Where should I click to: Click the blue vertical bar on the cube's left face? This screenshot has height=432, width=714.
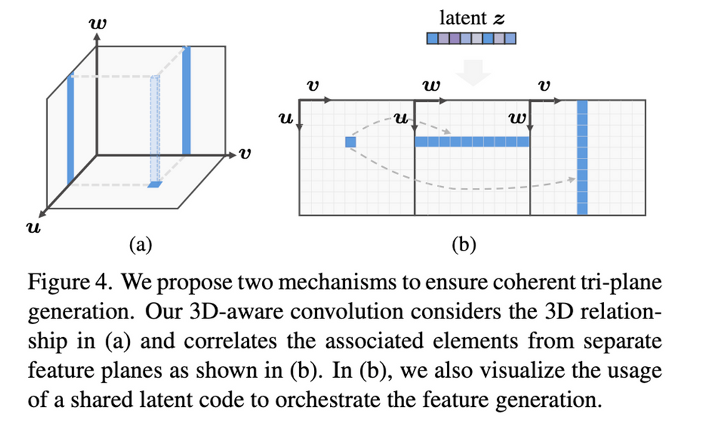point(70,129)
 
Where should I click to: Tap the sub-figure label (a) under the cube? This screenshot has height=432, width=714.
point(141,246)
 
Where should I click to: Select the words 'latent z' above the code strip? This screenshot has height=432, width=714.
point(472,19)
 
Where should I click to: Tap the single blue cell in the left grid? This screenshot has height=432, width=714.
point(350,142)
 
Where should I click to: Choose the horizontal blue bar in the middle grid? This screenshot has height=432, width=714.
point(473,142)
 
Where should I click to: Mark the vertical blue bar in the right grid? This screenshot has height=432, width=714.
point(582,157)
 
